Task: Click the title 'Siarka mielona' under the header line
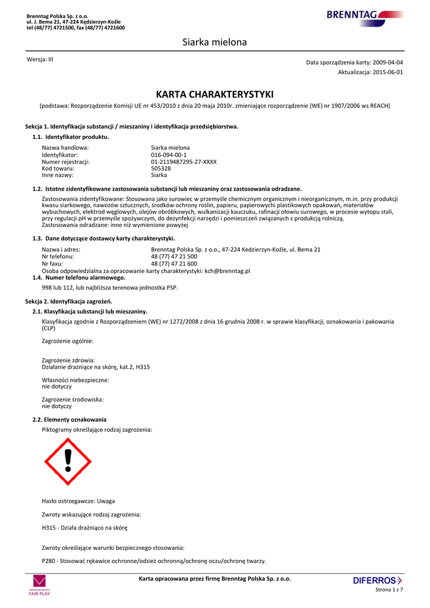214,42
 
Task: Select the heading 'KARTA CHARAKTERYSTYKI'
214,94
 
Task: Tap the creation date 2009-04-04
388,62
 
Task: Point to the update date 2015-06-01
388,72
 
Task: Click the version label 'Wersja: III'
40,59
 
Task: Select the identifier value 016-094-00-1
169,154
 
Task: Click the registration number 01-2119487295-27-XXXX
184,161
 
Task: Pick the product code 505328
161,168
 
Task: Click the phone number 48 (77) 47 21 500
174,256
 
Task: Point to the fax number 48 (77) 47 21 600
174,264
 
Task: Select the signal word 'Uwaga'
106,501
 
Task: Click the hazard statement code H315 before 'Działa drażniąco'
49,527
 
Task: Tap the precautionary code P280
49,561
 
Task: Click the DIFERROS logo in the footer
377,580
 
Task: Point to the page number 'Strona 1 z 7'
389,590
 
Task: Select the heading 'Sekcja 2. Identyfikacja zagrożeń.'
72,302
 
